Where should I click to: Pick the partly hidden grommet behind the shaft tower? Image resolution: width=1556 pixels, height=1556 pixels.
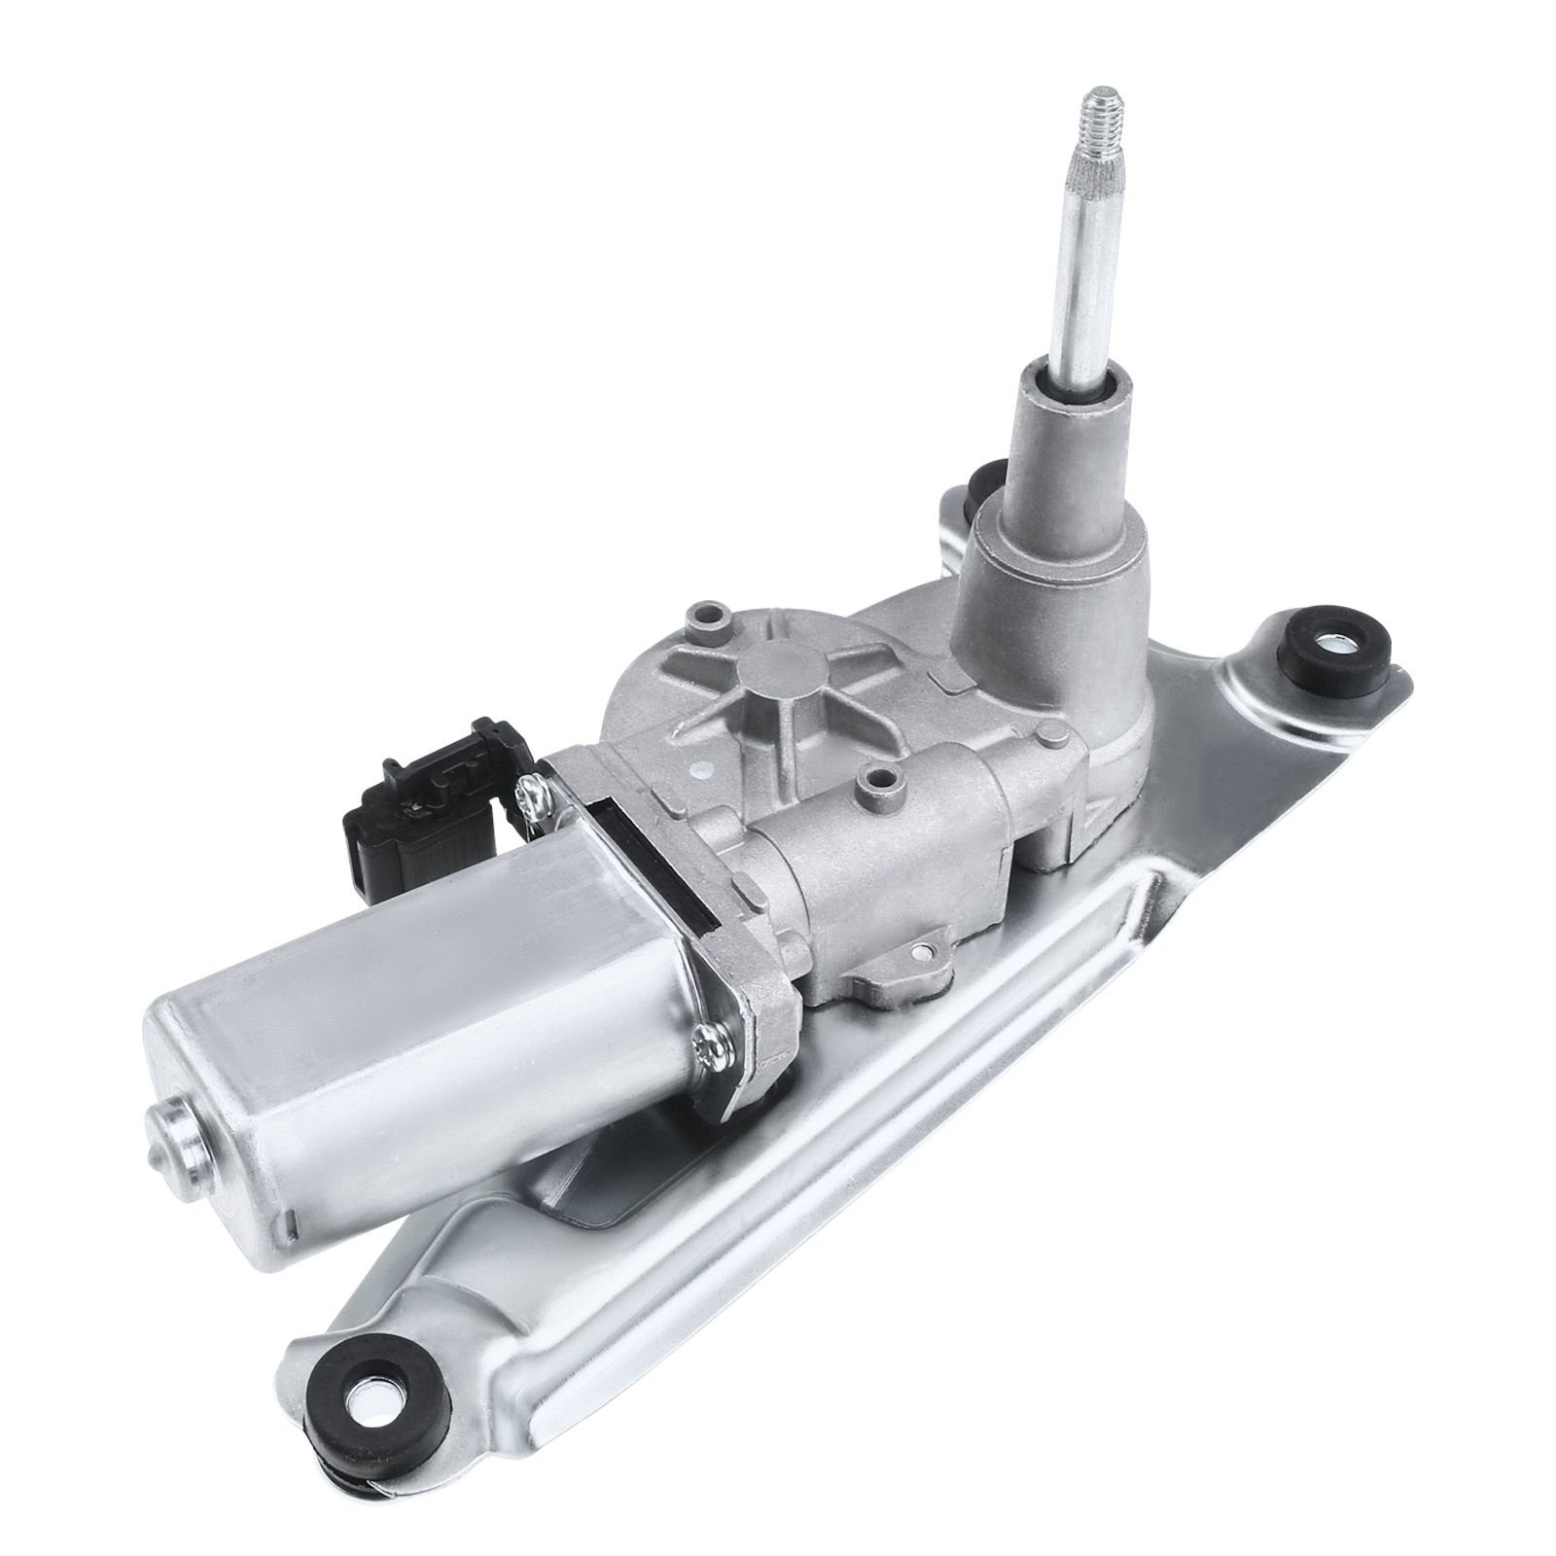[x=984, y=481]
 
